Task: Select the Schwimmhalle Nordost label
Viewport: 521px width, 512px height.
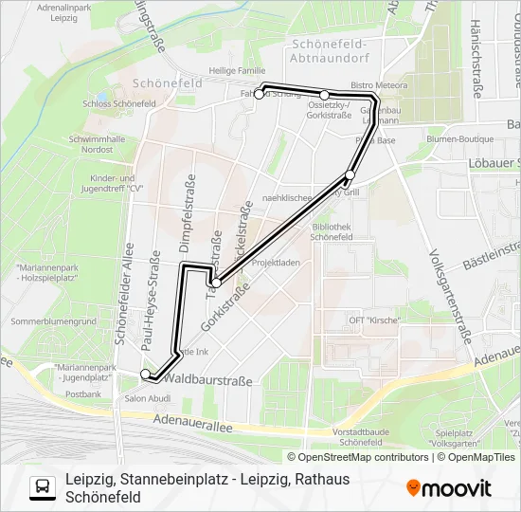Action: coord(90,144)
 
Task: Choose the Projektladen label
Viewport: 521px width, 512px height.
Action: coord(278,263)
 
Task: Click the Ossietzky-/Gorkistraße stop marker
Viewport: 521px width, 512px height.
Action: coord(325,95)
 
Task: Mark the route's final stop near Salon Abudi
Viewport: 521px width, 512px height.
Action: coord(145,375)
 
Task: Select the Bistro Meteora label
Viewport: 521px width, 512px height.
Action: coord(378,85)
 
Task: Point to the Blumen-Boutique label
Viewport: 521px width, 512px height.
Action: coord(435,137)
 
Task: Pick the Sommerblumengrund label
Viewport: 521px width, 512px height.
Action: coord(53,321)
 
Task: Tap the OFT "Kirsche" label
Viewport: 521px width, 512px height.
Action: coord(374,320)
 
